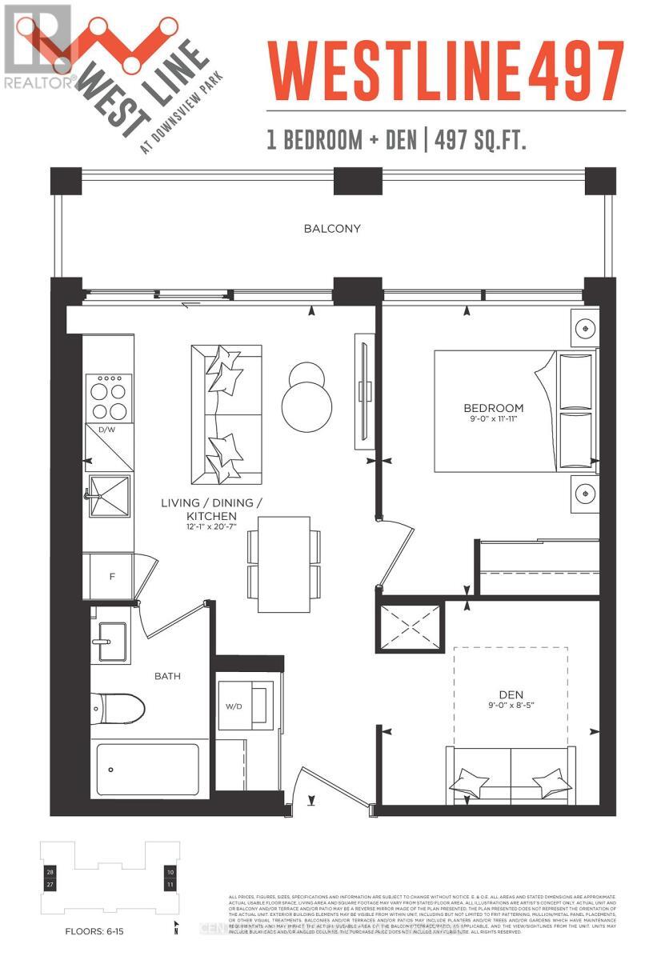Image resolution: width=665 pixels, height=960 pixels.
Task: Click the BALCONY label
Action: [331, 229]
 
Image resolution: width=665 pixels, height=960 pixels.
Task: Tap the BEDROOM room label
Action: [497, 408]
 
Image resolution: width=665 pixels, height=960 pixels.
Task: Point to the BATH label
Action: [167, 676]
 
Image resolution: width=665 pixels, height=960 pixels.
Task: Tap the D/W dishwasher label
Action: [106, 430]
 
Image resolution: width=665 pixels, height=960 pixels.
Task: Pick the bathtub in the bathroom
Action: [148, 769]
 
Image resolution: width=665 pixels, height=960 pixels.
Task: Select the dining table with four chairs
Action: [284, 564]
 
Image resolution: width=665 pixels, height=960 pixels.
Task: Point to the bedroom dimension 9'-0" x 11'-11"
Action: [497, 421]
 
